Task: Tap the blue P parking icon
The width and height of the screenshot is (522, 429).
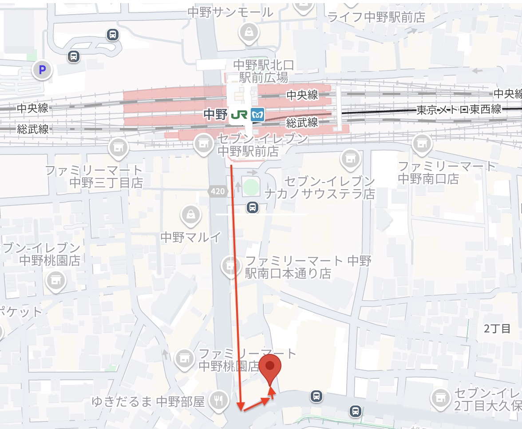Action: pos(43,69)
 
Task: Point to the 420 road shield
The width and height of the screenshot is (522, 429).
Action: pos(218,191)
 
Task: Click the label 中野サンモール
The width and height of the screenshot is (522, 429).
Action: pos(230,12)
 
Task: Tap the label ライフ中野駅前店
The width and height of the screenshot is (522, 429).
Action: pos(376,17)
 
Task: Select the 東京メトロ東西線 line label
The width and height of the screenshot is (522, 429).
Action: pos(459,109)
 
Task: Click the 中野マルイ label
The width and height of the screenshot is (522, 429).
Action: pos(190,237)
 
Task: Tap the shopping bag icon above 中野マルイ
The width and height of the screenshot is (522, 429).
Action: pos(190,215)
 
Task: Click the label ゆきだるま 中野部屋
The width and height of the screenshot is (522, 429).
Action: pos(148,402)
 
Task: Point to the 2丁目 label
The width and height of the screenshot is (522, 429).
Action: pos(498,329)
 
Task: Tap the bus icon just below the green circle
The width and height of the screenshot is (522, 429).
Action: pos(253,207)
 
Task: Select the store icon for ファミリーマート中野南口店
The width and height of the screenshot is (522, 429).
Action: pos(421,143)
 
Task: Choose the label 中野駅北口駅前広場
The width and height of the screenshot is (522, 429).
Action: pos(264,71)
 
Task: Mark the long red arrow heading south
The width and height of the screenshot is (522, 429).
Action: pos(236,284)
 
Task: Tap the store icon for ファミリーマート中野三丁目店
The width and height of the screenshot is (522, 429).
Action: pos(118,146)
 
